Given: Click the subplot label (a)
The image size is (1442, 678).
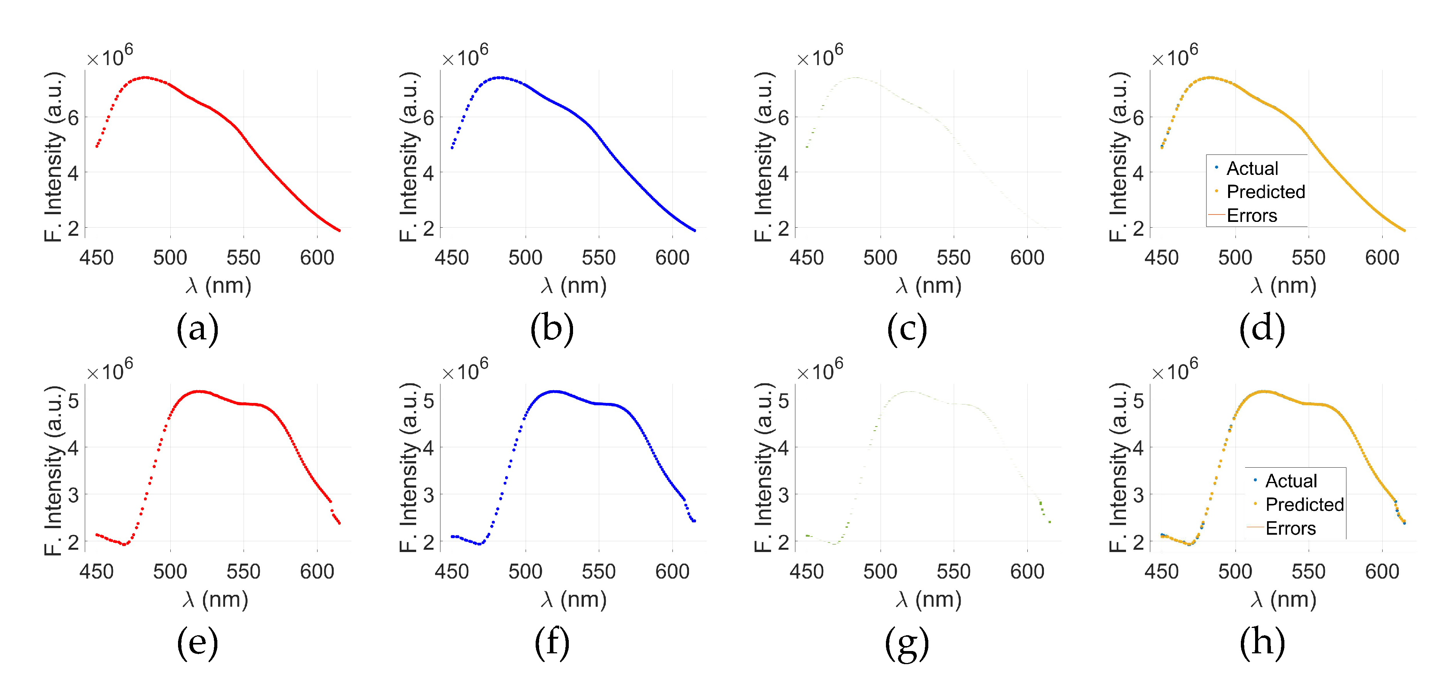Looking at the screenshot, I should (197, 328).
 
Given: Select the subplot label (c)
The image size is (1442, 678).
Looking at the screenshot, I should (907, 328).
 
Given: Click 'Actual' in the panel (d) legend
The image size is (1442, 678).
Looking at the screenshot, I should (1252, 168).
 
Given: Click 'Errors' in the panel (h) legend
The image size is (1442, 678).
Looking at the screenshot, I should (1290, 528).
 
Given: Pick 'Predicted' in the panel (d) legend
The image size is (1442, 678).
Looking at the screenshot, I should (1266, 192).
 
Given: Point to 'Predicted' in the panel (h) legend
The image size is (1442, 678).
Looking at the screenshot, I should (1304, 505).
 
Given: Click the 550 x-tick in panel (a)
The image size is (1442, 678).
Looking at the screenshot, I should (244, 258).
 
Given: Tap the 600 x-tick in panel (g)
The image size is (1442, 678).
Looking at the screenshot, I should (1027, 572).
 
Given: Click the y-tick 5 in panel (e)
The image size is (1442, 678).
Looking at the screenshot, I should (73, 401).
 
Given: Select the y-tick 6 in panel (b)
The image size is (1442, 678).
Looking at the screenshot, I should (428, 117).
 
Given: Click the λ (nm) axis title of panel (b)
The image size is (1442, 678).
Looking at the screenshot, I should (574, 286).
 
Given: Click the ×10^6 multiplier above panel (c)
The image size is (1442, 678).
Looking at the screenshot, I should (820, 57).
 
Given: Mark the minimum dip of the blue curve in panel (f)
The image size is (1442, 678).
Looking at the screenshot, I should (480, 544).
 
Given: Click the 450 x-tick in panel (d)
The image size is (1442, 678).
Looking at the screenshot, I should (1161, 258).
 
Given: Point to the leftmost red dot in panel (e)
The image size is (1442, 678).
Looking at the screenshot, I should (96, 535).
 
